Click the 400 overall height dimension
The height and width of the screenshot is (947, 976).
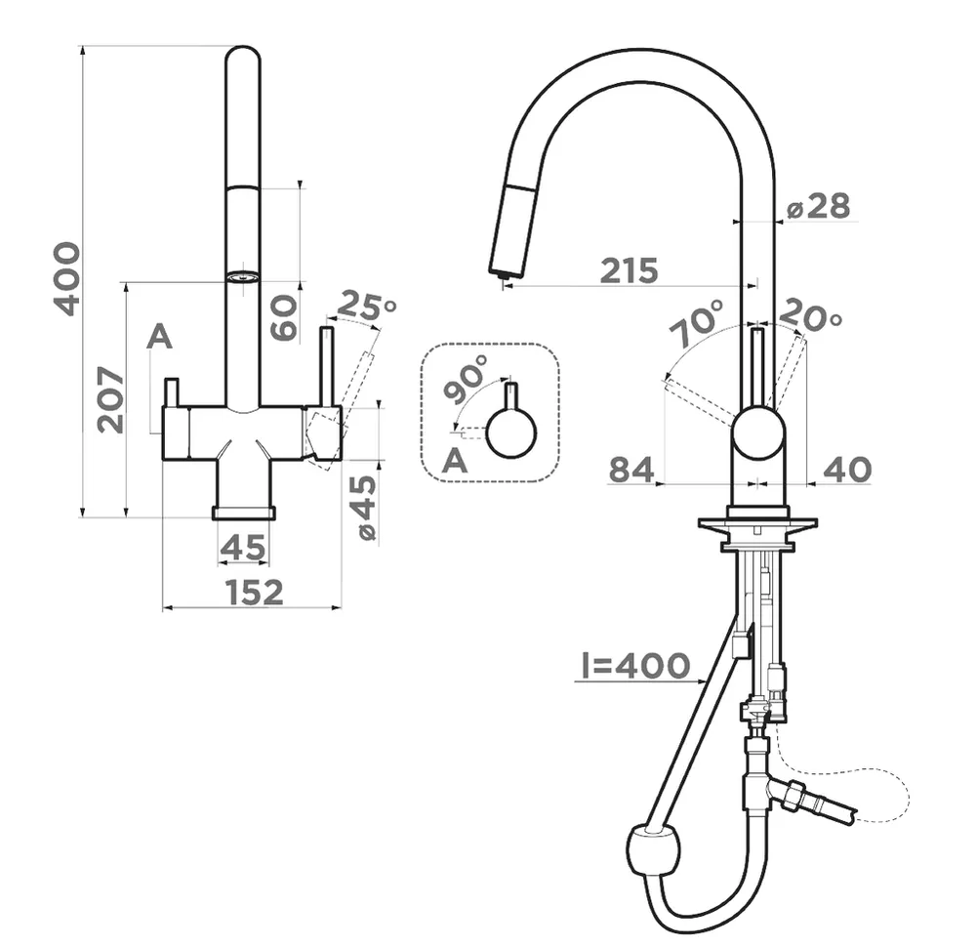coord(67,279)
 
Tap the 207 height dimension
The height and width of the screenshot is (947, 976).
coord(111,399)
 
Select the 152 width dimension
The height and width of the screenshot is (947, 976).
coord(254,592)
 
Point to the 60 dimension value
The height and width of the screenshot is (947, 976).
coord(284,317)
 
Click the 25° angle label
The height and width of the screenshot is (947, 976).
coord(367,306)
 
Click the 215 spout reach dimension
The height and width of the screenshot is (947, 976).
coord(629,270)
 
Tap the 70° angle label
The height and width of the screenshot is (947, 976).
coord(697,322)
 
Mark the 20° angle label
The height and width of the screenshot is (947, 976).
coord(810,314)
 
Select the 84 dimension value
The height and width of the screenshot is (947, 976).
coord(631,470)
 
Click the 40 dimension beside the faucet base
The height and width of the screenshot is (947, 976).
coord(847,470)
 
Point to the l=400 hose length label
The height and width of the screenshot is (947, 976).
coord(635,666)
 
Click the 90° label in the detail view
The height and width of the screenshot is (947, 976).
coord(466,379)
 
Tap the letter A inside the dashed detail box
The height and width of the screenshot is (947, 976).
coord(455,462)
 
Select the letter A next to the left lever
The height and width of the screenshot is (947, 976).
coord(159,338)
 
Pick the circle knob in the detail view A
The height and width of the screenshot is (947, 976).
coord(511,433)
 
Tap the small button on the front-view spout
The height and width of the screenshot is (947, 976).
coord(241,276)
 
